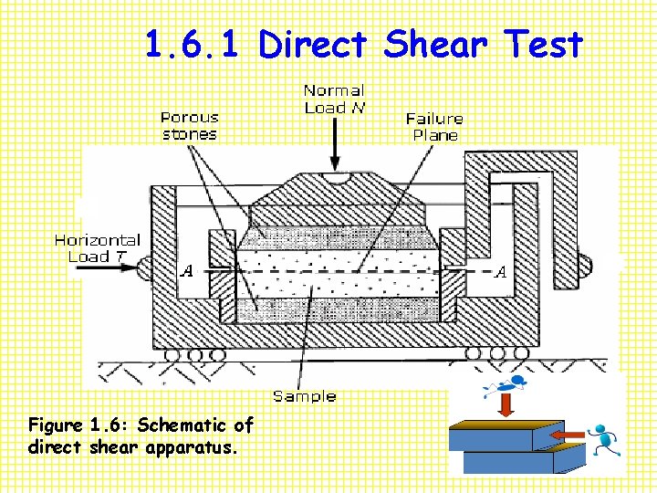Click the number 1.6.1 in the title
tap(196, 45)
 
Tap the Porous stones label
tap(190, 126)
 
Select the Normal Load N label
tap(333, 99)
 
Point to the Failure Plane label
tap(434, 126)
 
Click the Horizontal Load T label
tap(97, 248)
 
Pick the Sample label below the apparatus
tap(305, 396)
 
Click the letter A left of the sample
tap(187, 271)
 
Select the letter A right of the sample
tap(500, 271)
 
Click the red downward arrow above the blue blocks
tap(505, 404)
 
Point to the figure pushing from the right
tap(603, 440)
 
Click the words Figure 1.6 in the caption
tap(82, 425)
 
